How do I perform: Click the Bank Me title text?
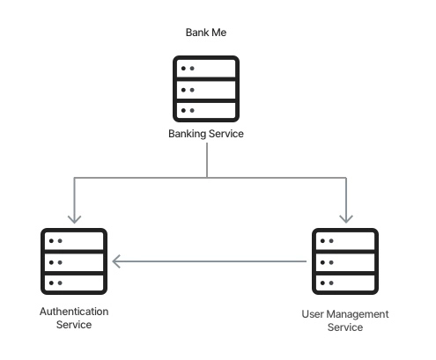(206, 33)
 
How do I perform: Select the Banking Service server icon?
(206, 89)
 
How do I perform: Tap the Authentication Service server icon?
(74, 261)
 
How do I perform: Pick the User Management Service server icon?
(345, 261)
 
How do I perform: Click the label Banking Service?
(206, 134)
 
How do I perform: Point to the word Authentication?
(74, 312)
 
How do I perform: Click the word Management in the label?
(358, 314)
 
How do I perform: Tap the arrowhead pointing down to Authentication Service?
(74, 219)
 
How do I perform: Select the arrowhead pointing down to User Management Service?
(346, 219)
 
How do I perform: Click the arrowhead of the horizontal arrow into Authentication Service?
(116, 261)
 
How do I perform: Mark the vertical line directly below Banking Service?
(207, 160)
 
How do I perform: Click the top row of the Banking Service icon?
(206, 69)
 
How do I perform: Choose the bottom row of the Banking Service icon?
(206, 110)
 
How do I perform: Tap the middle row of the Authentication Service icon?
(74, 262)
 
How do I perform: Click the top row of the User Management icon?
(345, 241)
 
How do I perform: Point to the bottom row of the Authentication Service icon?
(74, 283)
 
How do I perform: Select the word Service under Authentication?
(74, 325)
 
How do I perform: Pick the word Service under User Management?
(345, 327)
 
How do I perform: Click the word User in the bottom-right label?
(313, 314)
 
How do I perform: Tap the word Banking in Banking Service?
(188, 134)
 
